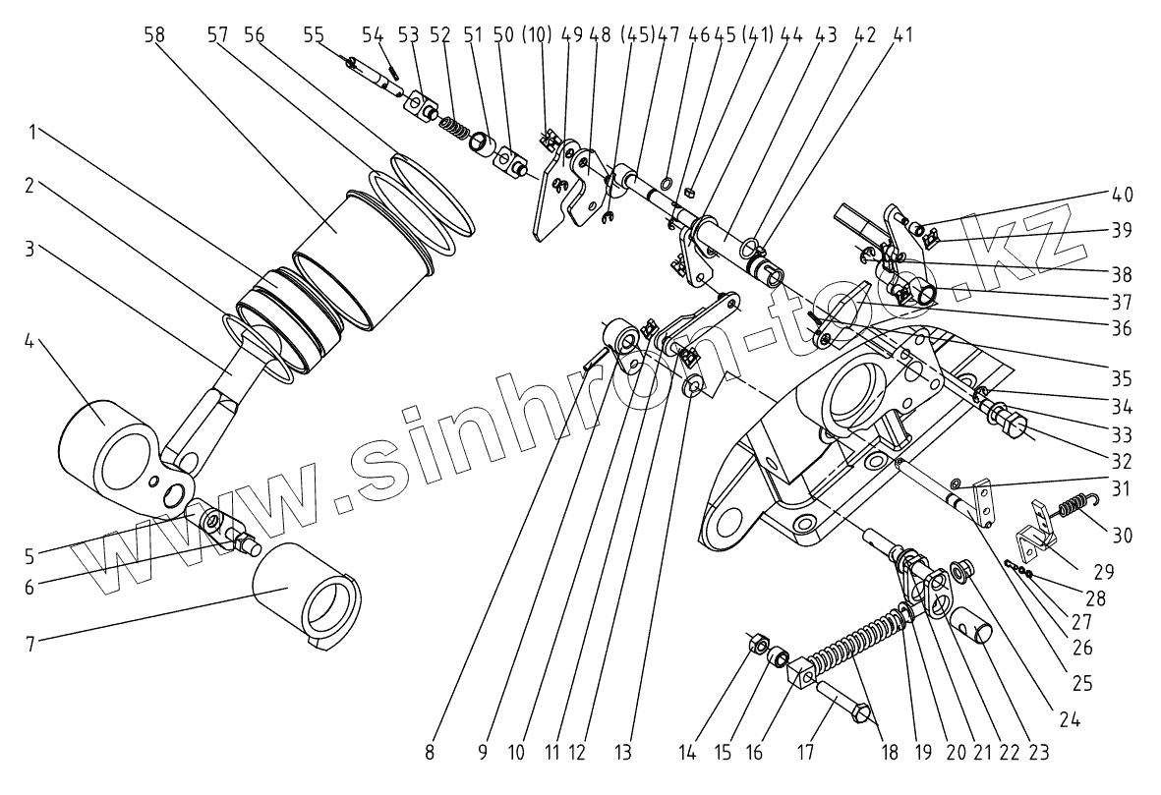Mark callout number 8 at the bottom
pos(430,754)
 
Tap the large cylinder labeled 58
pos(363,260)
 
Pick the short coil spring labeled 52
pos(455,127)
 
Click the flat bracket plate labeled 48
pos(546,197)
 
